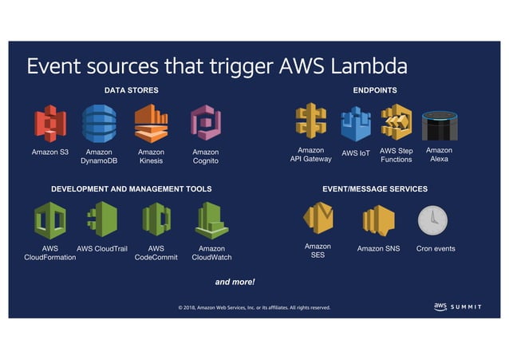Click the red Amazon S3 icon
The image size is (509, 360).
50,124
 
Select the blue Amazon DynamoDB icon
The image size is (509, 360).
99,124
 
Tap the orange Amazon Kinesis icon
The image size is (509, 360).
151,124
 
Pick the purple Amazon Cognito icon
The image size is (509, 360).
205,124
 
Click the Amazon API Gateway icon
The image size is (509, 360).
310,122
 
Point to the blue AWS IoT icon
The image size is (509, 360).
356,125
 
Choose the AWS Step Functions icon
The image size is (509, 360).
396,122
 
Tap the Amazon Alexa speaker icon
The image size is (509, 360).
438,125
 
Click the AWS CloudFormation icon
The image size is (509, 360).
50,220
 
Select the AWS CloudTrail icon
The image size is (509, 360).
102,220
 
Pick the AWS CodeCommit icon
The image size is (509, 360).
156,220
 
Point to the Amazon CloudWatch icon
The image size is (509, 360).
211,220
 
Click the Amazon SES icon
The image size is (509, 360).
318,219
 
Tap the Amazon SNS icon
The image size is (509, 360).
378,220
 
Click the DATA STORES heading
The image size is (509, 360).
131,90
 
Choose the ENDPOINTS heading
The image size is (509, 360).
375,90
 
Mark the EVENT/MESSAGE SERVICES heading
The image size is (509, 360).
374,189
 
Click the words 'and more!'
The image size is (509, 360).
235,282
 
